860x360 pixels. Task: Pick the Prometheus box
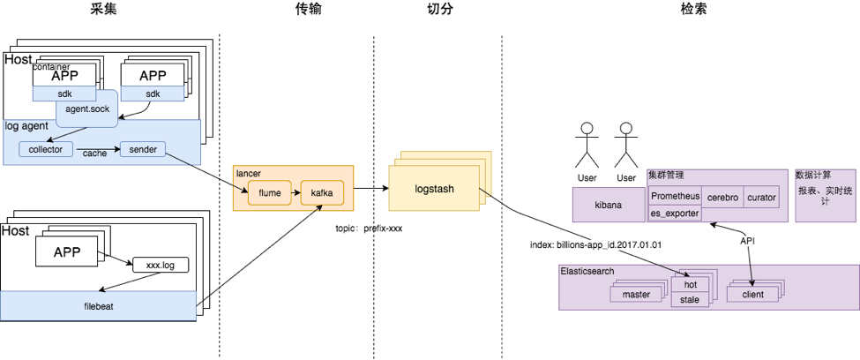coord(675,197)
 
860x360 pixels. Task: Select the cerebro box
coord(722,197)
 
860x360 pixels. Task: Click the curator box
coord(761,197)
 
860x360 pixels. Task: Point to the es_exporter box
coord(675,213)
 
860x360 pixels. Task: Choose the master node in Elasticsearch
coord(634,294)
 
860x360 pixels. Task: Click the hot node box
coord(690,284)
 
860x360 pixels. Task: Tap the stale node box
coord(690,299)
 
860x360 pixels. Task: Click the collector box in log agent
coord(45,150)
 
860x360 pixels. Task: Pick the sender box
coord(143,150)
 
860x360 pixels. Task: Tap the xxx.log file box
coord(160,264)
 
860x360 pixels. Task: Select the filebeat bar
coord(97,307)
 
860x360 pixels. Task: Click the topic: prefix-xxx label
coord(369,228)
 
